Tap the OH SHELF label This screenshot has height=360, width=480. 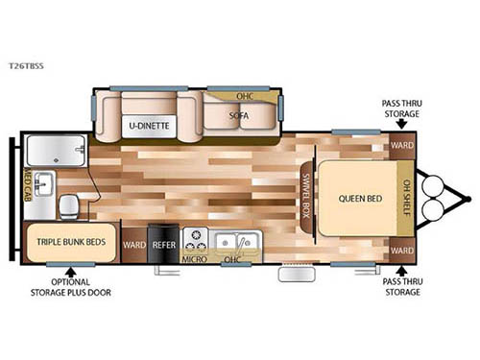406,200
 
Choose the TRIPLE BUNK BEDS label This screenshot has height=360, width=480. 70,242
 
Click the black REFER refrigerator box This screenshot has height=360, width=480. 161,244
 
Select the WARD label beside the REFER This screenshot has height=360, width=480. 134,244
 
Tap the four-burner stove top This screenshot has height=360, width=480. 195,238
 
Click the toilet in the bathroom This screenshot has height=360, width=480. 69,204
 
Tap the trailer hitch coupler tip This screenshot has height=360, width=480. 468,200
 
